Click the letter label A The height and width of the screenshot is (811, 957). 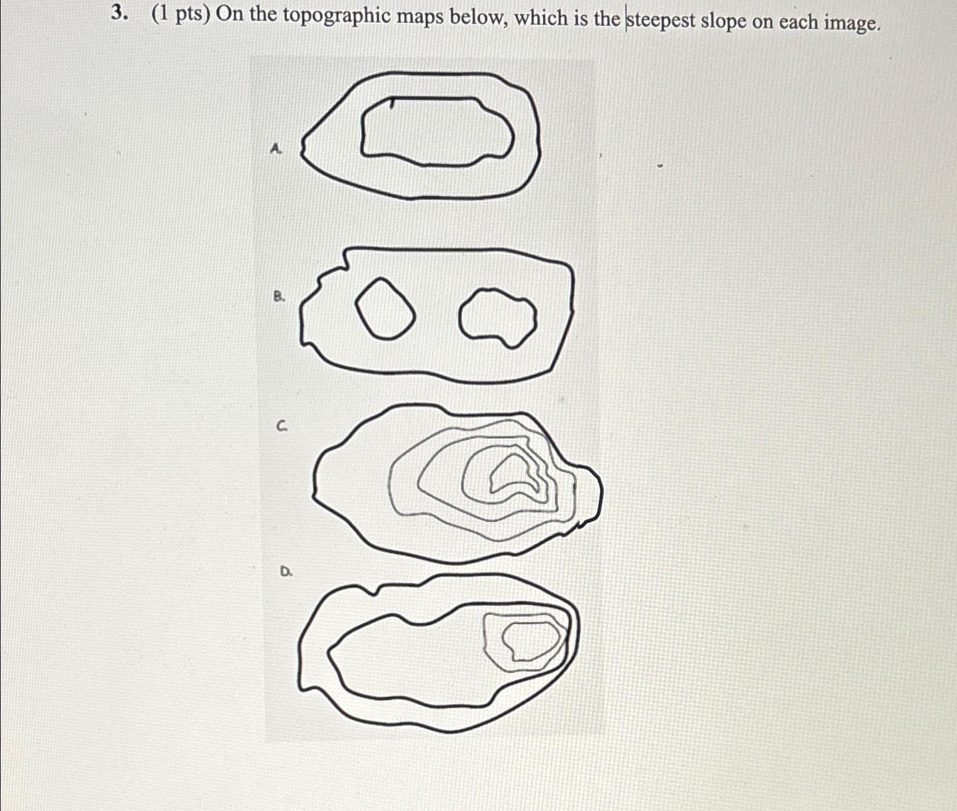(277, 149)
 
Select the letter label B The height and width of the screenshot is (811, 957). (279, 297)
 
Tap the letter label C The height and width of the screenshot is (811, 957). (282, 426)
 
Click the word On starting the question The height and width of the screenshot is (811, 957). (229, 15)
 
